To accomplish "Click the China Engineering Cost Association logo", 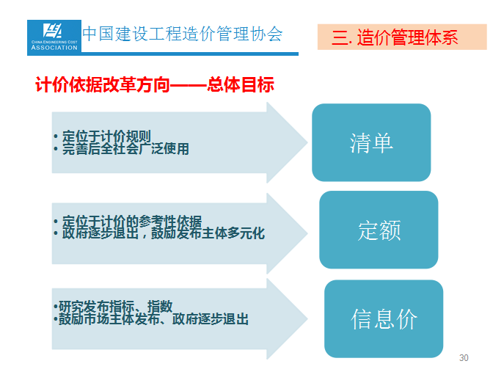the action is click(x=54, y=36).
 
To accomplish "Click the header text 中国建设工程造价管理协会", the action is click(x=183, y=34).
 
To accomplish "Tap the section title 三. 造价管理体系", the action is click(x=395, y=37).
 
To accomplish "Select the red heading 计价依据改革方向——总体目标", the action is click(x=154, y=84).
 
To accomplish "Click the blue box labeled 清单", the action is click(x=371, y=142).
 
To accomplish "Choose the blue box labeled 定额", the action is click(x=379, y=230).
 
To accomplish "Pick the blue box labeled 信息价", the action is click(x=384, y=319).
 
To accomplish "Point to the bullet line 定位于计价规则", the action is click(x=103, y=136).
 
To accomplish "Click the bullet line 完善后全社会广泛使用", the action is click(x=121, y=149).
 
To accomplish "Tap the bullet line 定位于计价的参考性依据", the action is click(x=128, y=221).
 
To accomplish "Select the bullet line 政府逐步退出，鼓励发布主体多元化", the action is click(x=159, y=233).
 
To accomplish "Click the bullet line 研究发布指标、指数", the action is click(x=113, y=306).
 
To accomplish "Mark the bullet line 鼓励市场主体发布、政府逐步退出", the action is click(x=151, y=319).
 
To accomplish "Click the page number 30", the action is click(x=464, y=358).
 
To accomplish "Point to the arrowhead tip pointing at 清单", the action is click(x=307, y=142).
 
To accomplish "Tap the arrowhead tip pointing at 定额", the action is click(x=307, y=233).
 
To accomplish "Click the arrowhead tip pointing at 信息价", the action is click(x=307, y=318).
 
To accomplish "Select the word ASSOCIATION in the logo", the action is click(x=54, y=48).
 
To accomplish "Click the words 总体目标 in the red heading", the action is click(x=241, y=84).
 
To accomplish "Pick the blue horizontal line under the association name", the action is click(x=163, y=54).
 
